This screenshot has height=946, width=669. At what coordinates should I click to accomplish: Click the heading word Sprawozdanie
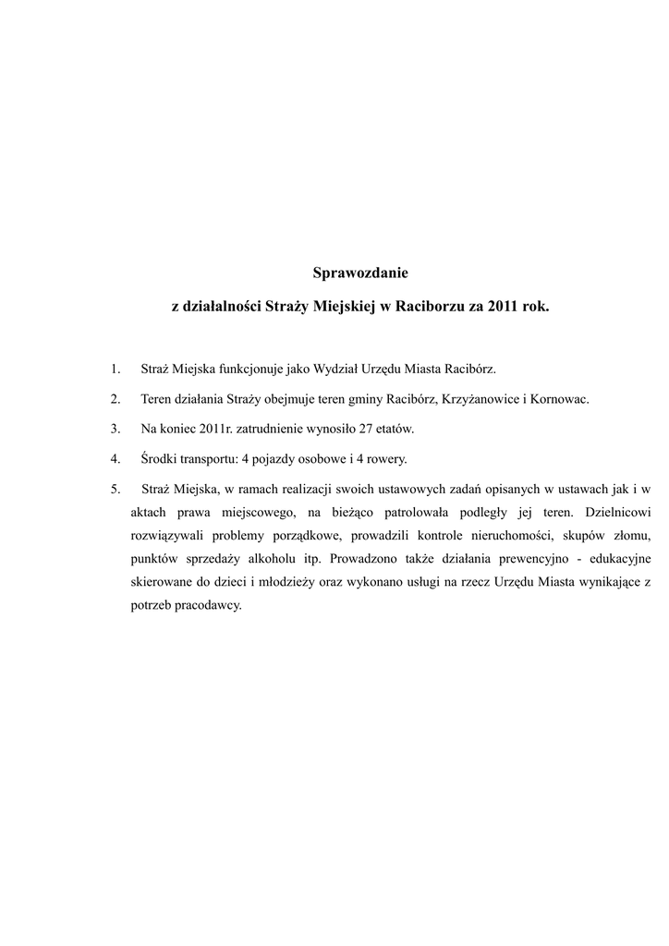click(x=360, y=273)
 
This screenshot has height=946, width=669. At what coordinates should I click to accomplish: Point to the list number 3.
click(x=115, y=429)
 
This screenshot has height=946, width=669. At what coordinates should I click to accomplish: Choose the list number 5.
click(x=115, y=488)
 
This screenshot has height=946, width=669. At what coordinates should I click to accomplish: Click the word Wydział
click(x=336, y=370)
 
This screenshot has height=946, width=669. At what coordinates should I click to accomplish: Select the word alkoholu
click(x=276, y=560)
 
